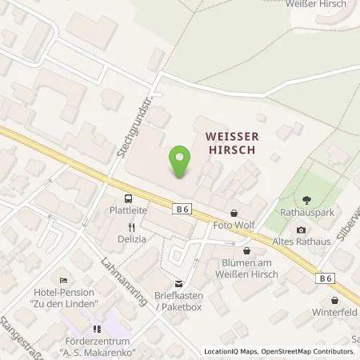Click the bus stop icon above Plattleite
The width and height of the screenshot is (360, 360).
(126, 198)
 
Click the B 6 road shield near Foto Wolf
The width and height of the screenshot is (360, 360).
(181, 208)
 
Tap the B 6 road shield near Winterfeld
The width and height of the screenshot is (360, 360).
(324, 278)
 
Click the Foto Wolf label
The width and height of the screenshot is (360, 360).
(234, 226)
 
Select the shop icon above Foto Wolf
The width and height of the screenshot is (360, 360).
(234, 213)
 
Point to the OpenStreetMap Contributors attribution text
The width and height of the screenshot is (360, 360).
(308, 351)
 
